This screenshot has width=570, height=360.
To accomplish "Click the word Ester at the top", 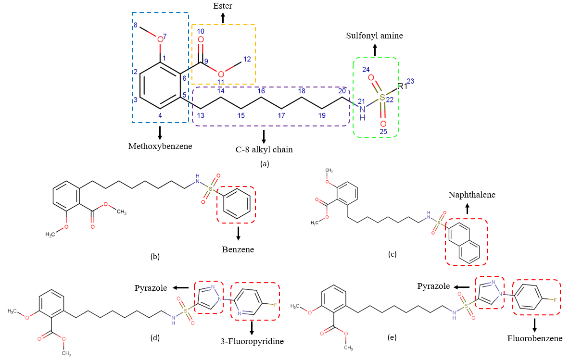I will [223, 6].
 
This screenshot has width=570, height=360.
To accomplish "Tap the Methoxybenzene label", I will [160, 146].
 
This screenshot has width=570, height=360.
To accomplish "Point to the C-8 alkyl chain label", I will [264, 149].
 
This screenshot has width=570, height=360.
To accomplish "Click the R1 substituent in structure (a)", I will [403, 87].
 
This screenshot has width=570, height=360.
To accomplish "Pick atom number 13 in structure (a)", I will [201, 115].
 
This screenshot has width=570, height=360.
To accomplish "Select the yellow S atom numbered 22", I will [382, 98].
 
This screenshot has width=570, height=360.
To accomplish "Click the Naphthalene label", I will [465, 195].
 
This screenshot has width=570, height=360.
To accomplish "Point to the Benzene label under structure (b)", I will [238, 250].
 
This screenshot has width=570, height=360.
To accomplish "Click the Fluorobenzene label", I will [534, 338].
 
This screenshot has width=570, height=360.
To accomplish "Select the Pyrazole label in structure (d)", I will [151, 288].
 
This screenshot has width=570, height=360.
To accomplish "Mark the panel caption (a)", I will [264, 164].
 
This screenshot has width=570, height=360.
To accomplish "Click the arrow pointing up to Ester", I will [223, 18].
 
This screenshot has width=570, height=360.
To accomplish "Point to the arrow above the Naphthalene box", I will [466, 208].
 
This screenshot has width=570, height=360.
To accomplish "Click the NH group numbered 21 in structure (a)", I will [363, 112].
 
